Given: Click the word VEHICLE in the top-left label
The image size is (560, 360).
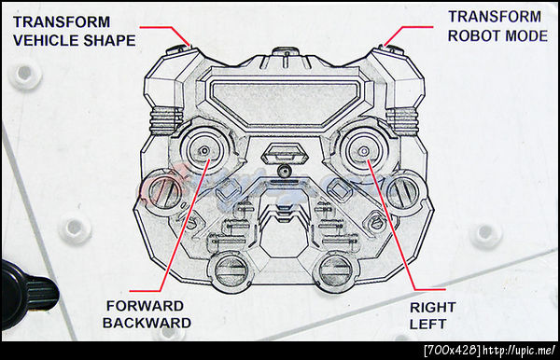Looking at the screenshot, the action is point(46,40).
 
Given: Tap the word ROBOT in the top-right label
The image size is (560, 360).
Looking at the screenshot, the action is point(471,36).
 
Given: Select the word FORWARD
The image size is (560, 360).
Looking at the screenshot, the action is point(145,306).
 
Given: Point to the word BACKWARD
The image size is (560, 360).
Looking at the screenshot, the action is point(147,323).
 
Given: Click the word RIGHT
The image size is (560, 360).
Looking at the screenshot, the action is point(432,307).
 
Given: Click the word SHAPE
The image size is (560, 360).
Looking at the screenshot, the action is point(109,40).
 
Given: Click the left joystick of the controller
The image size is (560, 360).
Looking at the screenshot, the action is point(203,151).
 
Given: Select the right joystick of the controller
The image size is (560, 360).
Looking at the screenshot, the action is point(364,151).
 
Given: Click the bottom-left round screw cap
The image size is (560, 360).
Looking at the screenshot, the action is point(231,272).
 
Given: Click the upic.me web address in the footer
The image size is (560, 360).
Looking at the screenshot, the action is point(519,351).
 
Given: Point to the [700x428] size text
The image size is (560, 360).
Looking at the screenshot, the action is point(452,351).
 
